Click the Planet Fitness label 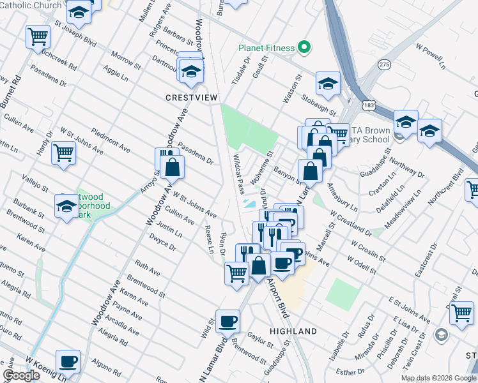pos(266,48)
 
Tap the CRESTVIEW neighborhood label pos(192,98)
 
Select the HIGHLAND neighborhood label pos(293,331)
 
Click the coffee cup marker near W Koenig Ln pos(68,361)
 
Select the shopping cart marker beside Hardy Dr pos(63,152)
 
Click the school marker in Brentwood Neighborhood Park pos(66,206)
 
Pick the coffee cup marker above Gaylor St pos(227,321)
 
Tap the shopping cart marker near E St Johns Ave pos(461,313)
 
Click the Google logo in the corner pos(21,375)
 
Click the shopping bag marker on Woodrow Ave pos(173,167)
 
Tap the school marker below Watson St pos(328,84)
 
